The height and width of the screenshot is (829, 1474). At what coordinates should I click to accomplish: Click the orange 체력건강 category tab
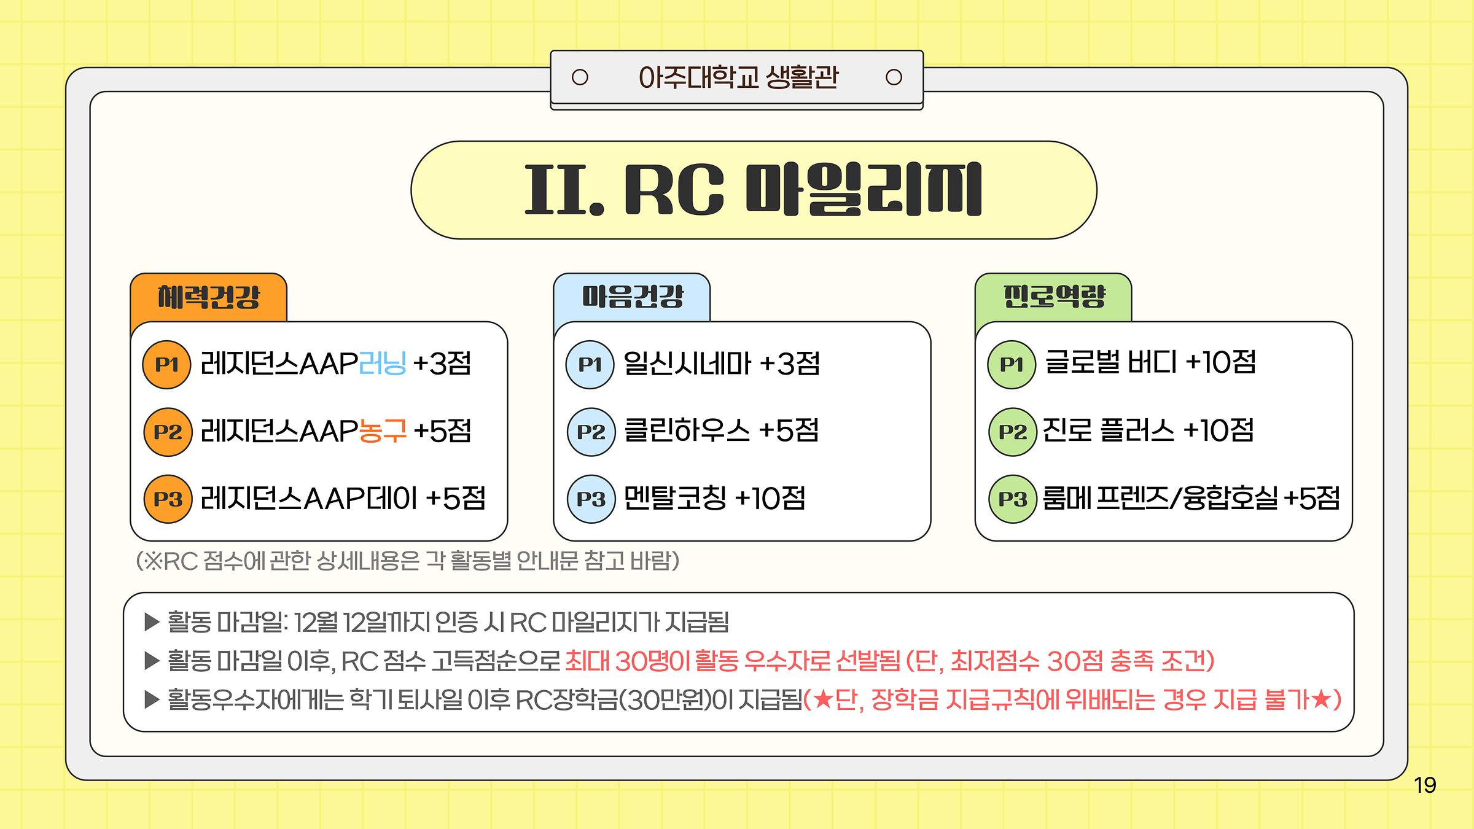[x=209, y=297]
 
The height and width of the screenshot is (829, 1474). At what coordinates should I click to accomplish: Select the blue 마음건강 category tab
[x=632, y=297]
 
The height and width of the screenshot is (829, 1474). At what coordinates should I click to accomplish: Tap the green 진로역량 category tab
[x=1054, y=297]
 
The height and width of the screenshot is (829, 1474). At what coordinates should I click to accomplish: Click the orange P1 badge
[x=166, y=365]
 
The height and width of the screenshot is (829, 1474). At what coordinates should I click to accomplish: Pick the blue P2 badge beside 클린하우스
[x=591, y=432]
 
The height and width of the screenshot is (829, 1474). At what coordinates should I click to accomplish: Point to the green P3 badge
[x=1013, y=499]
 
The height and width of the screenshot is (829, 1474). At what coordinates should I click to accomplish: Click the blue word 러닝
[x=382, y=364]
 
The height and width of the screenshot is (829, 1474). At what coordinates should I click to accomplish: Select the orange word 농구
[x=382, y=430]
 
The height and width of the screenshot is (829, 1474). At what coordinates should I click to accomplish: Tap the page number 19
[x=1425, y=785]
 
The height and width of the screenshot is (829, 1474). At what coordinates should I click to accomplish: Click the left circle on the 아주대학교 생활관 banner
[x=580, y=77]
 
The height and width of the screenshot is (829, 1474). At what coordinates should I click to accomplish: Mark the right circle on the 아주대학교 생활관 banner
[x=894, y=77]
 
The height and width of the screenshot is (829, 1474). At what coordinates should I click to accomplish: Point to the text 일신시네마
[x=687, y=364]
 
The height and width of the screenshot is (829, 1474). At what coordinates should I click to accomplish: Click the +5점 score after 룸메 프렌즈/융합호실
[x=1312, y=498]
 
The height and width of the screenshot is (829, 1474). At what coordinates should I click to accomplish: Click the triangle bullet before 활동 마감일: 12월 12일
[x=152, y=623]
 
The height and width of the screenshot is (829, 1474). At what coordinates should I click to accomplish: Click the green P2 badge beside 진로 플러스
[x=1013, y=432]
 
